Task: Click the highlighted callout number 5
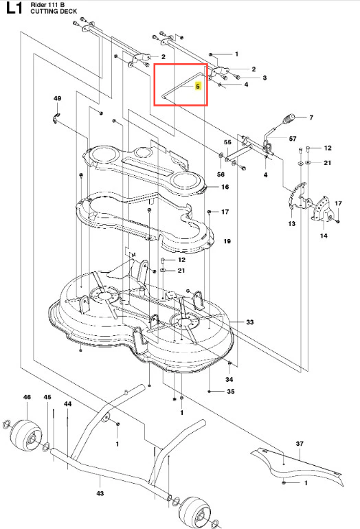tap(198, 87)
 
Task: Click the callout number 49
tap(57, 98)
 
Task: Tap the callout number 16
tap(225, 187)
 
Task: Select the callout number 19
tap(227, 241)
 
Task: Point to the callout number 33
tap(249, 322)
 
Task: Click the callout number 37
tap(300, 444)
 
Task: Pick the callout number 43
tap(100, 493)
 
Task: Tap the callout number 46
tap(27, 397)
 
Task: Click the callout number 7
tap(311, 117)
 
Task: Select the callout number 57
tap(293, 139)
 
